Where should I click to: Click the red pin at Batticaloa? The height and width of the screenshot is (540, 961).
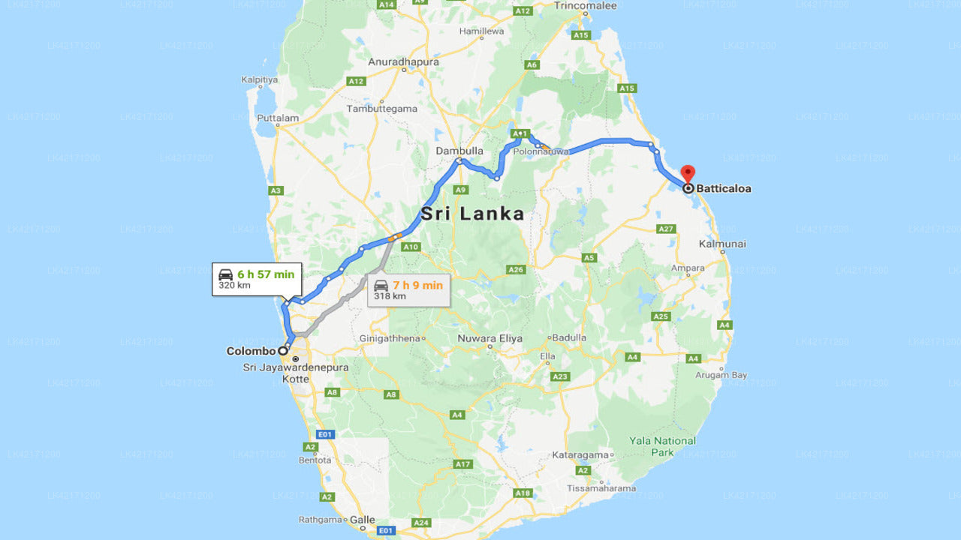[x=687, y=173]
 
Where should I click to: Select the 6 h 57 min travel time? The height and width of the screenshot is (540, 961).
[x=266, y=274]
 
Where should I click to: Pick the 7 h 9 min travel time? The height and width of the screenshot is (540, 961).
[x=417, y=285]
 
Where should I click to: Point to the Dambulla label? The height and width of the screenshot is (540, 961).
[x=459, y=151]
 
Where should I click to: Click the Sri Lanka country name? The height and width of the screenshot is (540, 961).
[x=472, y=214]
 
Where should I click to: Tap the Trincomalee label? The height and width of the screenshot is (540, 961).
[x=586, y=6]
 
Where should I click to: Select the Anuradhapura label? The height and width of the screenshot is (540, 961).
[x=403, y=61]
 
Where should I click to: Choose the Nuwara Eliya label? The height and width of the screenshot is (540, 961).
[x=490, y=338]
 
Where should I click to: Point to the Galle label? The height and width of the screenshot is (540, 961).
[x=363, y=520]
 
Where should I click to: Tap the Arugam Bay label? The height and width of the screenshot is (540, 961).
[x=722, y=375]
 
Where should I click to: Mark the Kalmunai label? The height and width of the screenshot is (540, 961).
[x=722, y=244]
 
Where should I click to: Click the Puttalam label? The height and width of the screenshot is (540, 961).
[x=278, y=118]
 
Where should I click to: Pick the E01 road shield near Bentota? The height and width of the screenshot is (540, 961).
[x=324, y=434]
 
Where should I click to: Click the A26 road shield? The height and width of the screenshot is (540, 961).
[x=515, y=269]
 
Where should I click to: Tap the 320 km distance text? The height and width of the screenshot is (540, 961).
[x=234, y=286]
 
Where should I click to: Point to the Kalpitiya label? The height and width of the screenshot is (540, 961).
[x=260, y=79]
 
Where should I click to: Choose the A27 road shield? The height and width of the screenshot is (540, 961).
[x=666, y=229]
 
